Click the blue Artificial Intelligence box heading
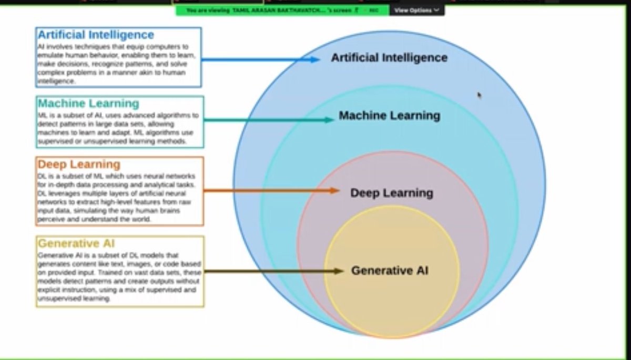click(96, 35)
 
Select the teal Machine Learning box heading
click(88, 103)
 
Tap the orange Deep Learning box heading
click(79, 164)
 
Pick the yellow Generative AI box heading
click(76, 243)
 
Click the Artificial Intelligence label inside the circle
click(389, 58)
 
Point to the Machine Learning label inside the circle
click(389, 116)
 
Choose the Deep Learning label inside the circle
click(392, 193)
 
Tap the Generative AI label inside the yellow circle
click(390, 271)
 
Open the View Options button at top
click(416, 10)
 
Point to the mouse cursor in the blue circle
click(479, 95)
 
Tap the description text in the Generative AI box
click(118, 277)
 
